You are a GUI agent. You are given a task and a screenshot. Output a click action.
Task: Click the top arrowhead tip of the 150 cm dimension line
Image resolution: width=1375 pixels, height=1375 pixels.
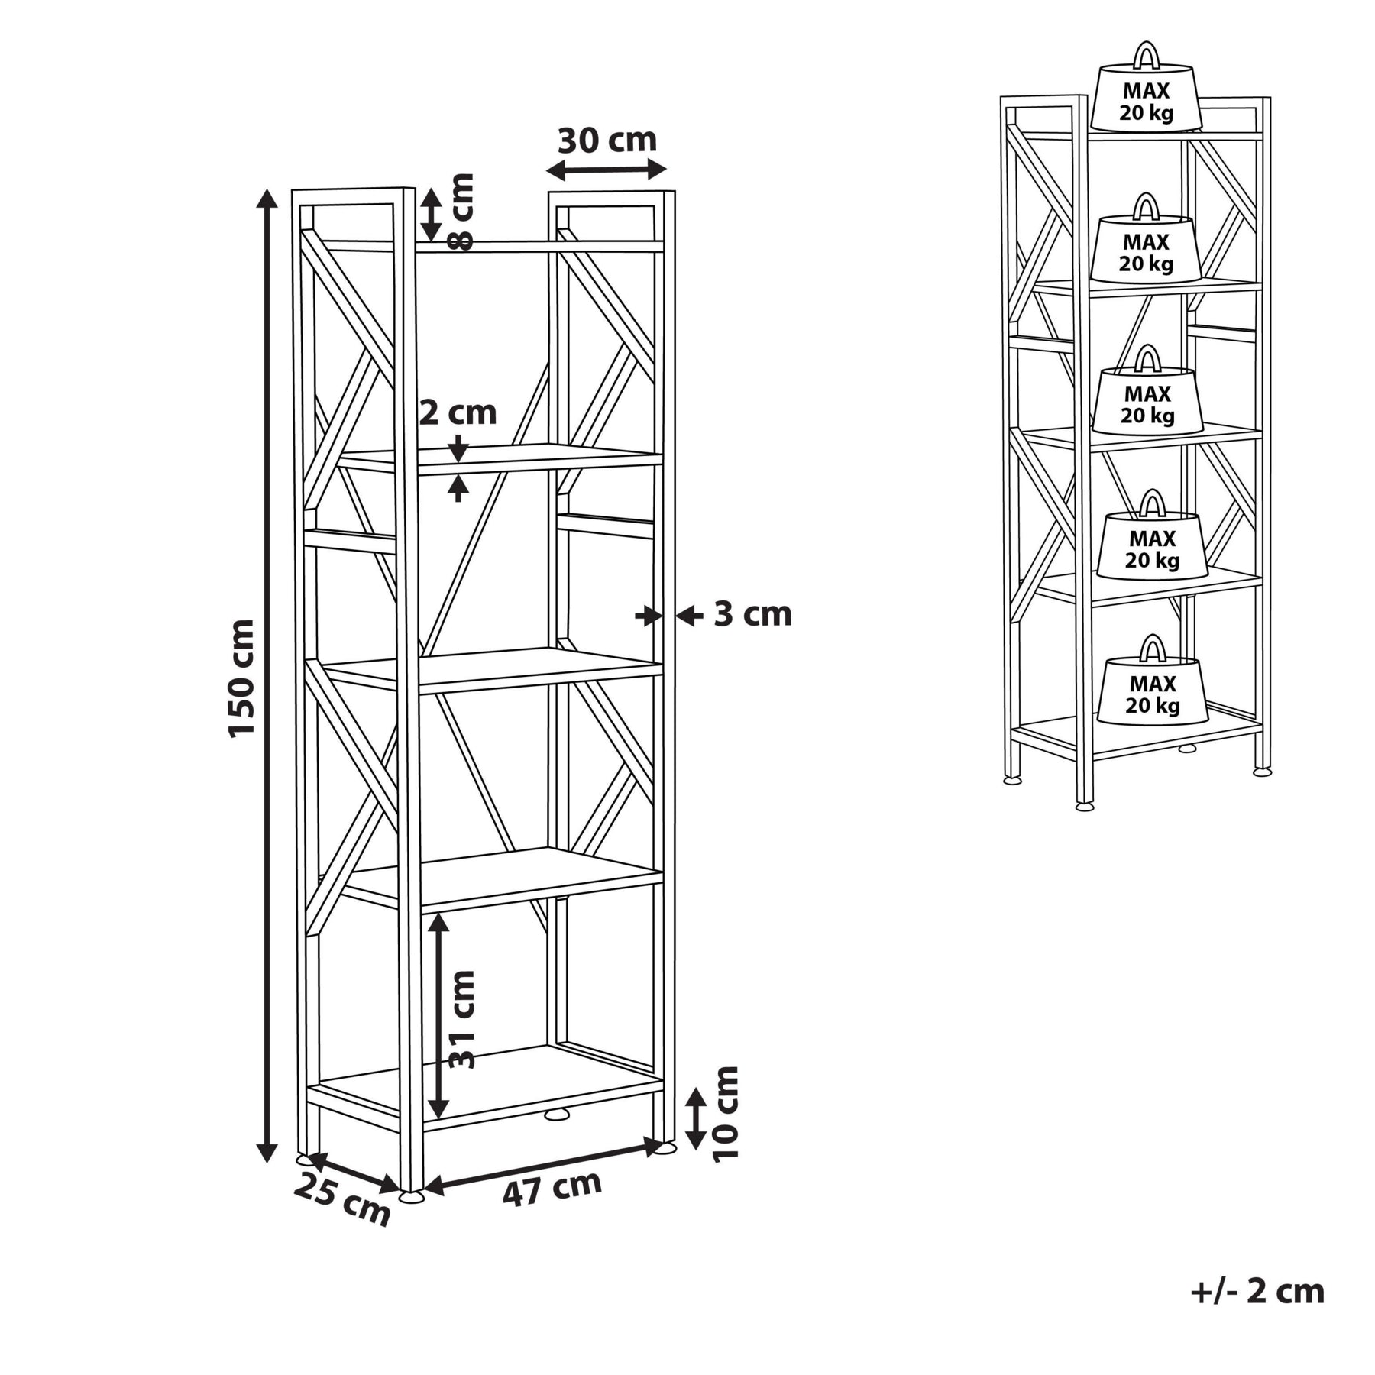pyautogui.click(x=267, y=189)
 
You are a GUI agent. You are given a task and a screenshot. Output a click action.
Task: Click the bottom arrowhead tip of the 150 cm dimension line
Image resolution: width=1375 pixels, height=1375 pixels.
pyautogui.click(x=267, y=1163)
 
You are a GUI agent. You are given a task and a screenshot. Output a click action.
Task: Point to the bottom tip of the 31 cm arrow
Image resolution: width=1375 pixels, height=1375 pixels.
pyautogui.click(x=438, y=1118)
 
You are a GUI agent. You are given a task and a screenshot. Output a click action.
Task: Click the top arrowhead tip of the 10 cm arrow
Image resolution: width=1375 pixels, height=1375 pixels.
pyautogui.click(x=695, y=1089)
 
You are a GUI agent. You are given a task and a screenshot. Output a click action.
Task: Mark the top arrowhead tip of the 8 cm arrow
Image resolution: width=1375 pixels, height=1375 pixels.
pyautogui.click(x=432, y=189)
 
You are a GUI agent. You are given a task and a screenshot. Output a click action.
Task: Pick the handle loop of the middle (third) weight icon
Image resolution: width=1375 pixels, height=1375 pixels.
pyautogui.click(x=1147, y=358)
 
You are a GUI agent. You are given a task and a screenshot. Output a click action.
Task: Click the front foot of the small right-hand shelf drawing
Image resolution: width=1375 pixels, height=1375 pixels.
pyautogui.click(x=1084, y=805)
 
